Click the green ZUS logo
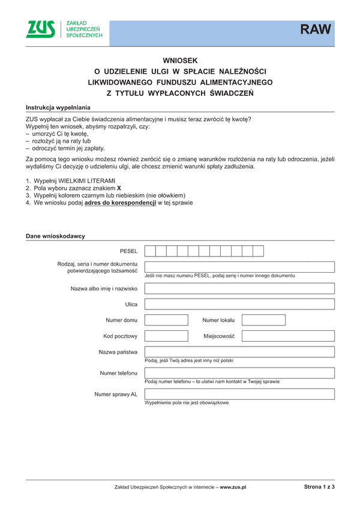coord(40,29)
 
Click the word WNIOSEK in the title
coord(180,61)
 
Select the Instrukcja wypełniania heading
coord(58,107)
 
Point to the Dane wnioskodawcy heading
coord(55,236)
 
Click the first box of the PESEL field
coord(150,251)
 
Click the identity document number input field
coord(239,267)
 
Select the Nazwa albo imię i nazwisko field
coord(239,288)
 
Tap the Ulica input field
coord(239,305)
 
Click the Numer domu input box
coord(166,320)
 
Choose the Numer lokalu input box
coord(263,320)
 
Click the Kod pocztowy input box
coord(166,336)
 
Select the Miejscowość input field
coord(287,336)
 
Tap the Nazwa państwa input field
coord(239,352)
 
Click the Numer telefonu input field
coord(239,373)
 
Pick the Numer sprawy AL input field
coord(239,394)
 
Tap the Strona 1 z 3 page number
coord(319,487)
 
